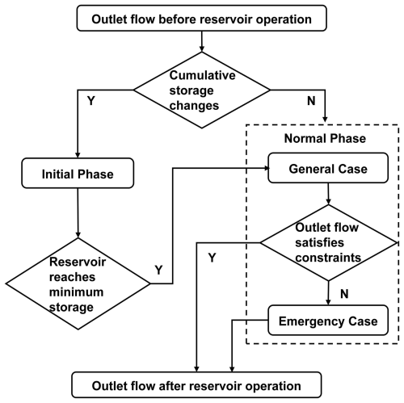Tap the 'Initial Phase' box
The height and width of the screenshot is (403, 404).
click(77, 172)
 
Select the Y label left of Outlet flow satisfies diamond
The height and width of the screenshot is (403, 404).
click(211, 259)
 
